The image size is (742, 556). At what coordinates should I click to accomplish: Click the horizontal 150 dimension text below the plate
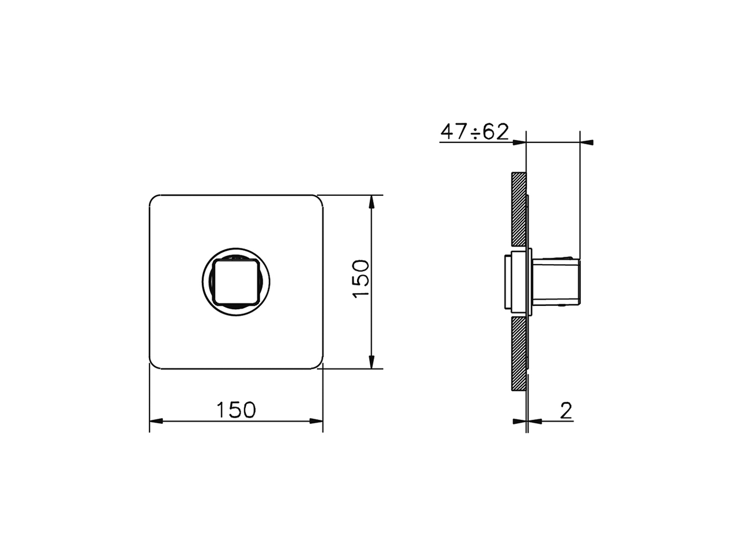click(x=236, y=410)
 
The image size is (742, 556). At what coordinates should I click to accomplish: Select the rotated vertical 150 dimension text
click(x=361, y=279)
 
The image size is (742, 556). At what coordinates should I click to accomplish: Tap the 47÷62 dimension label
click(x=474, y=133)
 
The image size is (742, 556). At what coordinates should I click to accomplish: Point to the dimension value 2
click(x=566, y=410)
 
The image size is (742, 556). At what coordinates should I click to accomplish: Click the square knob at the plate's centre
click(x=236, y=281)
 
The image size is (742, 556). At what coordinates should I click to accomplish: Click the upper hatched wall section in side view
click(x=518, y=209)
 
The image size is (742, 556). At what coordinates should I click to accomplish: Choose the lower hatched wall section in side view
click(x=518, y=353)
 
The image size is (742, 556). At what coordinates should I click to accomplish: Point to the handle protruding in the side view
click(x=556, y=281)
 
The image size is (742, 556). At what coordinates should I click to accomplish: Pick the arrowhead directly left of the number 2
click(x=534, y=421)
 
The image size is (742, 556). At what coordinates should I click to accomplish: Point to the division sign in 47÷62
click(x=475, y=133)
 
